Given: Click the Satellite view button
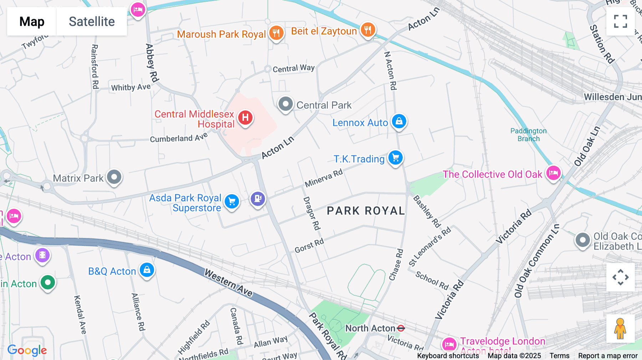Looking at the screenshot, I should click(92, 21).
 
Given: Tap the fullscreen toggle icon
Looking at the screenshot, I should click(620, 21).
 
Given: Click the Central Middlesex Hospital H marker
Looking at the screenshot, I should click(245, 117).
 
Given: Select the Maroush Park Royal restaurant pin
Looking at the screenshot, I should click(276, 33).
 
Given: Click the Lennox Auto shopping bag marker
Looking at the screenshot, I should click(399, 121).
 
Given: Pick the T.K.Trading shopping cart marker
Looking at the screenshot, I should click(395, 158).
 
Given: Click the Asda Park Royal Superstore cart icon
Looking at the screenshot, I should click(232, 202).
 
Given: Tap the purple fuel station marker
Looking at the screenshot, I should click(258, 198).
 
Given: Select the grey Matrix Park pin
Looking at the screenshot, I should click(114, 177).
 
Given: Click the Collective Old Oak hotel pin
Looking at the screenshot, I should click(554, 173).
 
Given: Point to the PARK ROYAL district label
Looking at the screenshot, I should click(366, 211).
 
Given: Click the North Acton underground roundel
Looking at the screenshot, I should click(401, 328).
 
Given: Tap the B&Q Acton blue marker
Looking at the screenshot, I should click(147, 270).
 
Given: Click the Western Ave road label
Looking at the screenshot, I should click(229, 283).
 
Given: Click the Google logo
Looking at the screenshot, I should click(27, 350).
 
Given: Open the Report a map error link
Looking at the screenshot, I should click(608, 356).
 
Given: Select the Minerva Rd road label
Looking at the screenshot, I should click(323, 178).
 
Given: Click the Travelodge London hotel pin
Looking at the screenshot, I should click(449, 344).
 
